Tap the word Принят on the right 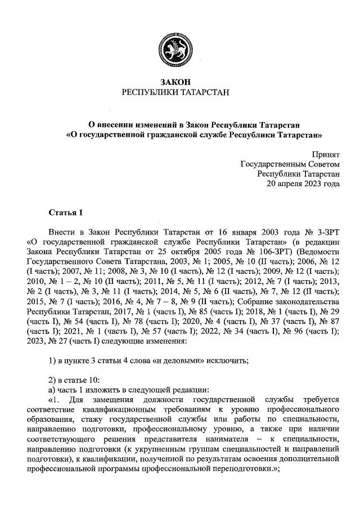[326, 154]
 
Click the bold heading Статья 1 [66, 213]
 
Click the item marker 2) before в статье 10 [53, 380]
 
